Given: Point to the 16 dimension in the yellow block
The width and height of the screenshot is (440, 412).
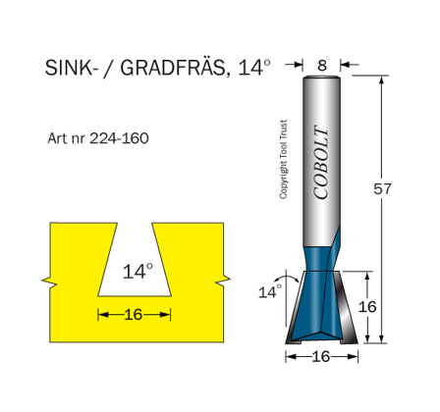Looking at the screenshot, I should pos(134,314).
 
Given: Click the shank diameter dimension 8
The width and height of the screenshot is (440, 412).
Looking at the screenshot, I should pos(322,65).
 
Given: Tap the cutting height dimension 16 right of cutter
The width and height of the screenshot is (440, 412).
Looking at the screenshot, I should pos(366,307).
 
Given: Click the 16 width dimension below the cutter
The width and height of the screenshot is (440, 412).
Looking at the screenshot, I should pos(320,357).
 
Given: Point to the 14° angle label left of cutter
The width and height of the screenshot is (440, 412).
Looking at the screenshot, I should pos(268,291).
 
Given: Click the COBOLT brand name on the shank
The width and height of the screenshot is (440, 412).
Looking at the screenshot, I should pos(322,161).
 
